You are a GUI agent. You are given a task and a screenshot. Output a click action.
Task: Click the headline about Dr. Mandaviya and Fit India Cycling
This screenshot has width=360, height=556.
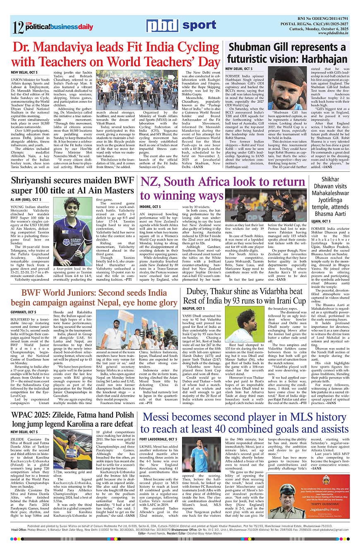pos(116,55)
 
